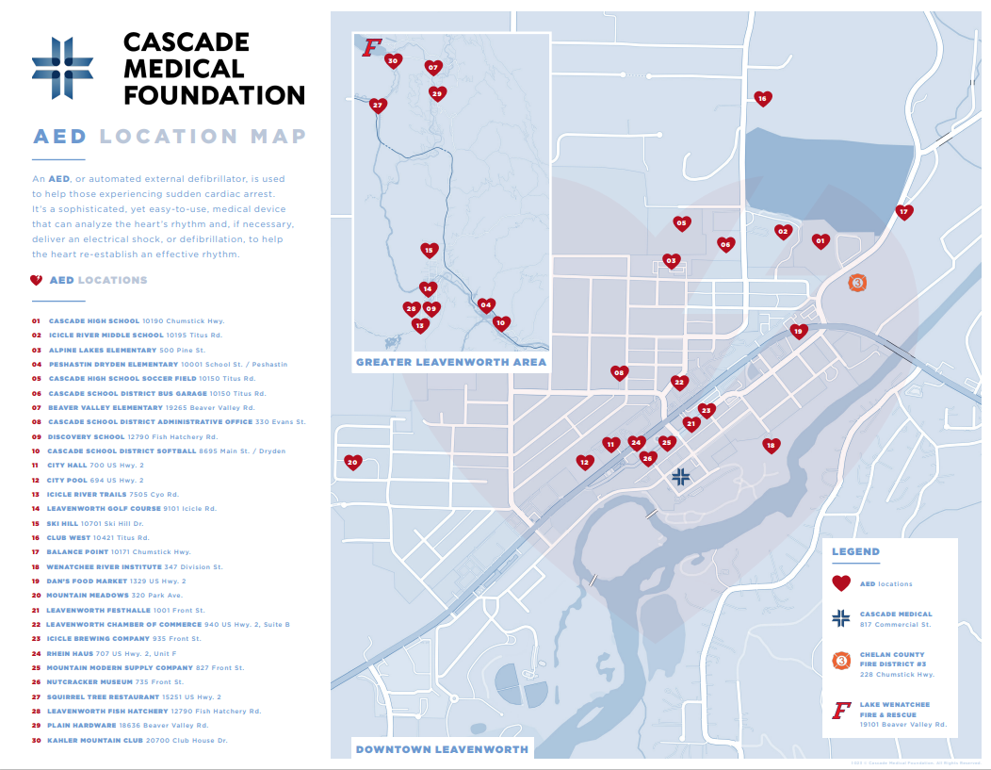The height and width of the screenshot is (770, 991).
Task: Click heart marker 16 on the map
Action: pos(763,98)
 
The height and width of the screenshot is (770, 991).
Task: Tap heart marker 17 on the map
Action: pos(904,212)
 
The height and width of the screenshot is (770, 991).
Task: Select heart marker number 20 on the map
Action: pos(353,462)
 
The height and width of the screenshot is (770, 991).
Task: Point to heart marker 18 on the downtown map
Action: pos(771,445)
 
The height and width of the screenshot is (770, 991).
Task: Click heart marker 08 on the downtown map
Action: pos(619,372)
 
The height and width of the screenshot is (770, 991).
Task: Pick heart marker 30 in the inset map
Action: pos(394,61)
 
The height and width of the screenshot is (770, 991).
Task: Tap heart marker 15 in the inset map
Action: pos(429,250)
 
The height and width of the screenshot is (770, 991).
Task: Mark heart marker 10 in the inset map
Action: pos(501,322)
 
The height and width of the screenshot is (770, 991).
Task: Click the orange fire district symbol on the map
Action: pos(857,283)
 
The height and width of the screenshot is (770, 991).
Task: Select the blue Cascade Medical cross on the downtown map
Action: pos(681,478)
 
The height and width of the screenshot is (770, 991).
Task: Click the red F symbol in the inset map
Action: pos(372,47)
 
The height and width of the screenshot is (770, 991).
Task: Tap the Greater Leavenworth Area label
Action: pos(451,362)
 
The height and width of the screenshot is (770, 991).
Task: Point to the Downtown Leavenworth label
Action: pos(442,750)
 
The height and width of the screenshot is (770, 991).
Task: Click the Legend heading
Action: pos(855,551)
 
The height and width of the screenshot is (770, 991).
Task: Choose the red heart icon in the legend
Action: pos(841,583)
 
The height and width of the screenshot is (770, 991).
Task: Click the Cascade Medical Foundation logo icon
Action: pos(63,67)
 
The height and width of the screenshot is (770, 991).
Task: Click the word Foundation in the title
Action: pos(215,95)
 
